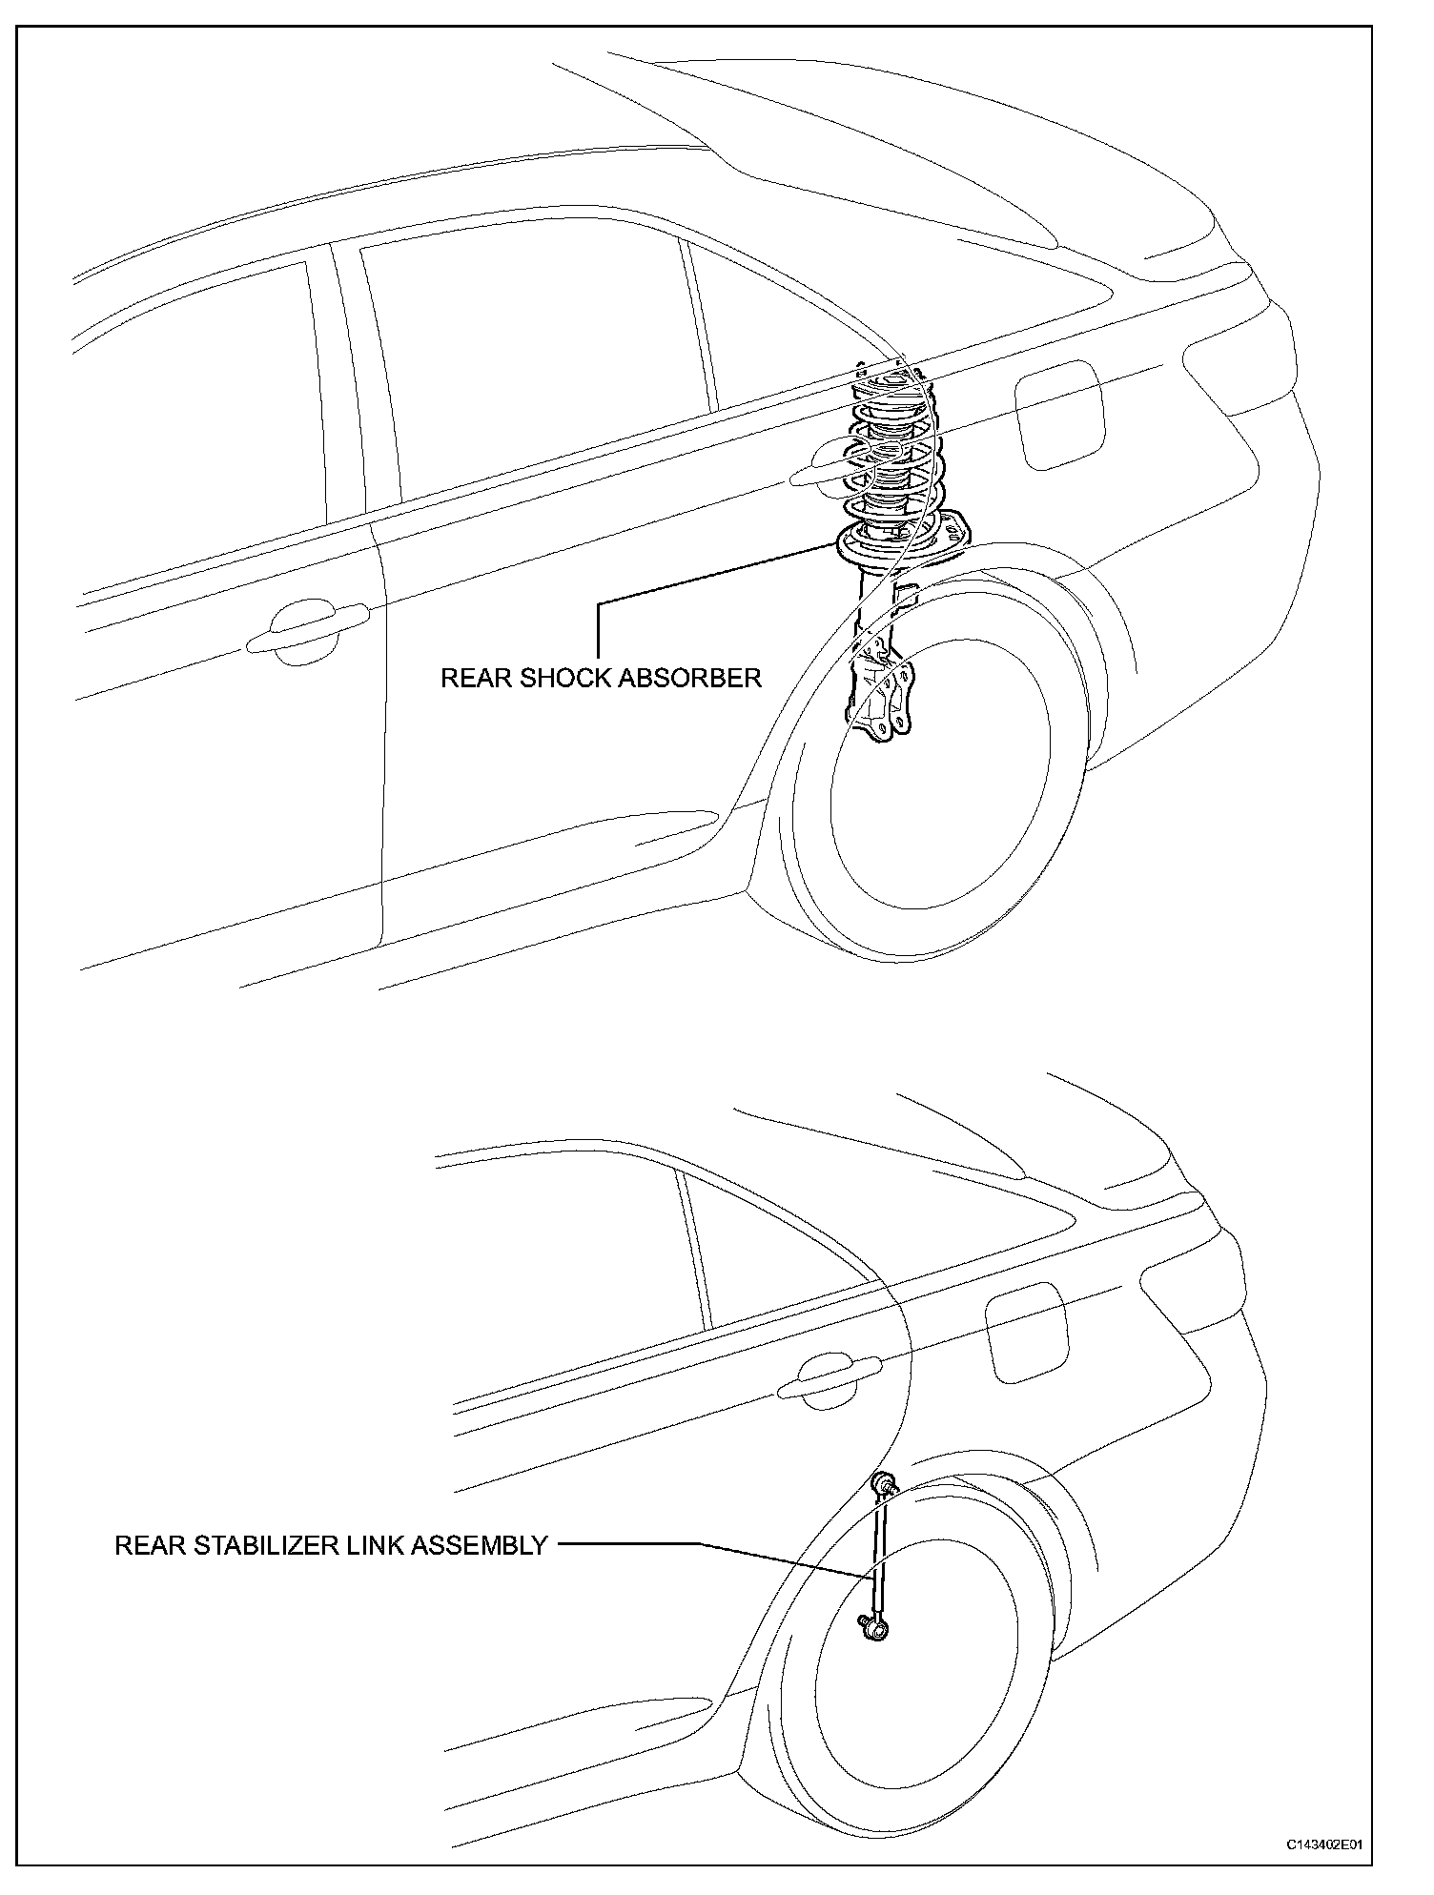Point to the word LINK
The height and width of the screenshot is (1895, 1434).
pos(372,1545)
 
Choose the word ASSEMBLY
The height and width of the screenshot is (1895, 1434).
pos(479,1545)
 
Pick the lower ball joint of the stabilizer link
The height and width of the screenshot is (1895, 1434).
pos(875,1633)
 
